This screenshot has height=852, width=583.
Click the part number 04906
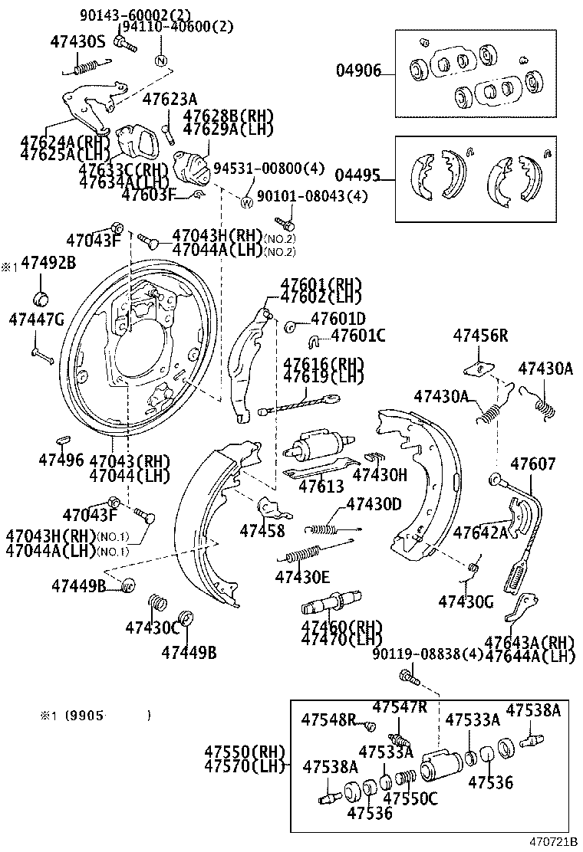click(x=357, y=72)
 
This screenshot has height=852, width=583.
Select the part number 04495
click(x=357, y=175)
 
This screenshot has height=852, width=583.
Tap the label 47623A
click(x=170, y=99)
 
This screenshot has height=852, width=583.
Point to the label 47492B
click(x=48, y=263)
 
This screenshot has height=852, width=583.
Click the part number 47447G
click(x=36, y=319)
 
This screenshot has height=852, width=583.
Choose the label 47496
click(x=61, y=460)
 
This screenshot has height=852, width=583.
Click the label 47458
click(x=262, y=530)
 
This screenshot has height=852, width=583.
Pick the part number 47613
click(x=321, y=486)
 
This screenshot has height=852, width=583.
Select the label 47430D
click(x=374, y=504)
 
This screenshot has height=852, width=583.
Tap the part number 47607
click(x=533, y=464)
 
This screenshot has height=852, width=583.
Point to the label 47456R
click(x=480, y=335)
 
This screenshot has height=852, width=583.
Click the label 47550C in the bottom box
click(x=410, y=799)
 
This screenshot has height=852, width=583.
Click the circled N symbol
click(x=161, y=61)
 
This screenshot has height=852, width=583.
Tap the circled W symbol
click(x=247, y=203)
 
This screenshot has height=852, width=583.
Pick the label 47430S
click(x=77, y=42)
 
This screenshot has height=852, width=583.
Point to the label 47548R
click(x=328, y=719)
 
